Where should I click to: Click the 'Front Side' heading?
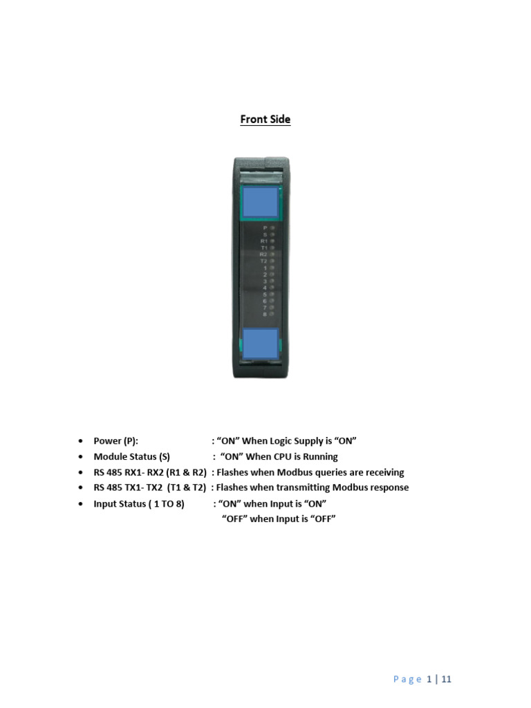coord(265,120)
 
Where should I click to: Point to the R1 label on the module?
coord(263,241)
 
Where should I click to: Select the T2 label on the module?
coord(263,261)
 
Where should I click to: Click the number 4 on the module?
coord(265,288)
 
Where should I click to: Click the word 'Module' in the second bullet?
coord(111,457)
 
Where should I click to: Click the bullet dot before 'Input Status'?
coord(82,503)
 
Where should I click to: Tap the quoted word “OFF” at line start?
coord(235,519)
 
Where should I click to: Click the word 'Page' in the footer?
coord(407,680)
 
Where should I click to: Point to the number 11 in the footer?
coord(446,680)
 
